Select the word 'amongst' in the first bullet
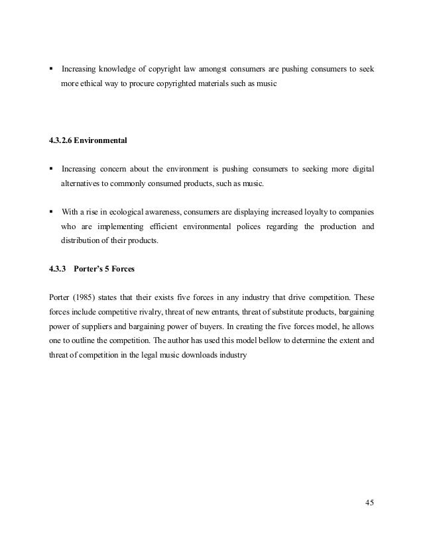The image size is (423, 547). click(x=204, y=69)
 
